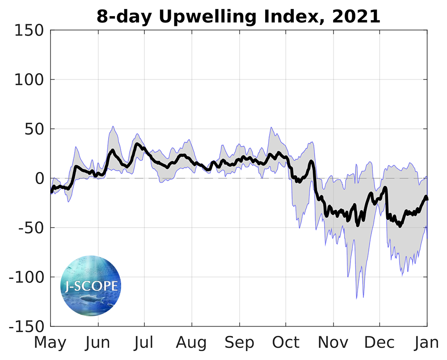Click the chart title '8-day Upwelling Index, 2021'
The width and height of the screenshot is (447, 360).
pyautogui.click(x=238, y=17)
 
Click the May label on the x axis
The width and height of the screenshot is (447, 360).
pyautogui.click(x=50, y=343)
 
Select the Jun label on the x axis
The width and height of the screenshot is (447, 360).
pyautogui.click(x=97, y=343)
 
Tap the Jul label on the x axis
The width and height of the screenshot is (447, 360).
pyautogui.click(x=144, y=343)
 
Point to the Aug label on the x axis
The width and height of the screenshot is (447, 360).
pyautogui.click(x=191, y=343)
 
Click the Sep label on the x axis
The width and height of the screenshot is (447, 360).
pyautogui.click(x=239, y=343)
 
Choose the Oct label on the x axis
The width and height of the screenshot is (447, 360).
pyautogui.click(x=286, y=343)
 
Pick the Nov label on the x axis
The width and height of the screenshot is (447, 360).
pyautogui.click(x=333, y=343)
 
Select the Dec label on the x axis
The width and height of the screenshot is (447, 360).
pyautogui.click(x=380, y=343)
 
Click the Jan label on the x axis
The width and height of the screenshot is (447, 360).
pyautogui.click(x=427, y=343)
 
